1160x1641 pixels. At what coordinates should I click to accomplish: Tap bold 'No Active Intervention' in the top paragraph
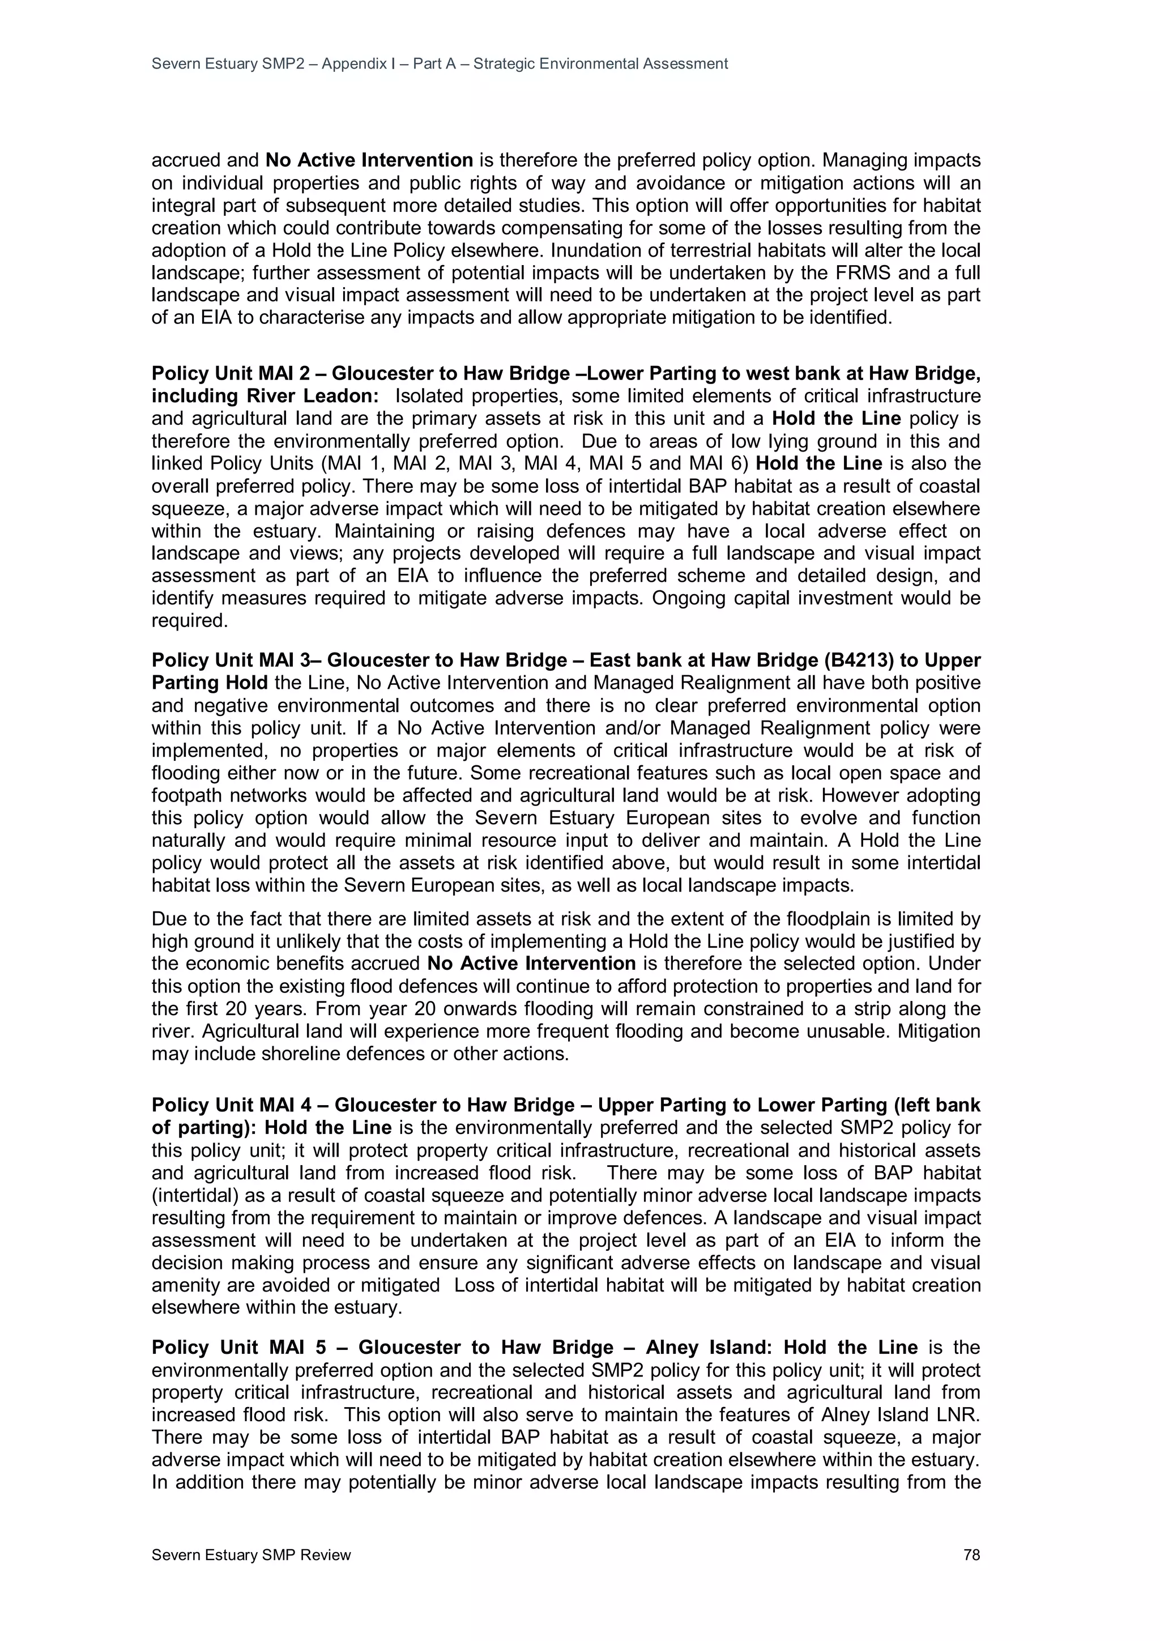[x=369, y=160]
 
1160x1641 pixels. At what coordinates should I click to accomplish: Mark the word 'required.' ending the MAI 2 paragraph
[x=189, y=620]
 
